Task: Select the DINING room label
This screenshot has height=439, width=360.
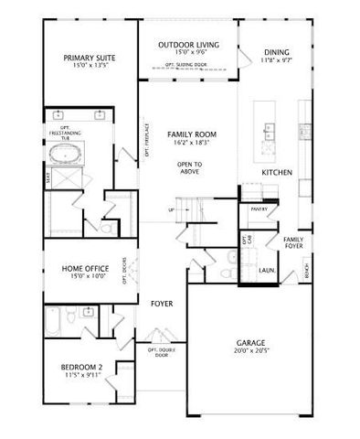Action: (276, 53)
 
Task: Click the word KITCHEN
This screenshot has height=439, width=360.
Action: (277, 172)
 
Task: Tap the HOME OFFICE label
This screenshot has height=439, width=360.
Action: (85, 268)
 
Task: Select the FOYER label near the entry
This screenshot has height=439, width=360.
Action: (162, 303)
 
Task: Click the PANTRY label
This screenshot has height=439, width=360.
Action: (259, 209)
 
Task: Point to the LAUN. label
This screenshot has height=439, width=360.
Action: (268, 271)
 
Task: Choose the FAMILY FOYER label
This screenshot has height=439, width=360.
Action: (292, 242)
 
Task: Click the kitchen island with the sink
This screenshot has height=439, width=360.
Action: (270, 133)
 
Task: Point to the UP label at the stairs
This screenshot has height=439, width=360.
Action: (171, 210)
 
